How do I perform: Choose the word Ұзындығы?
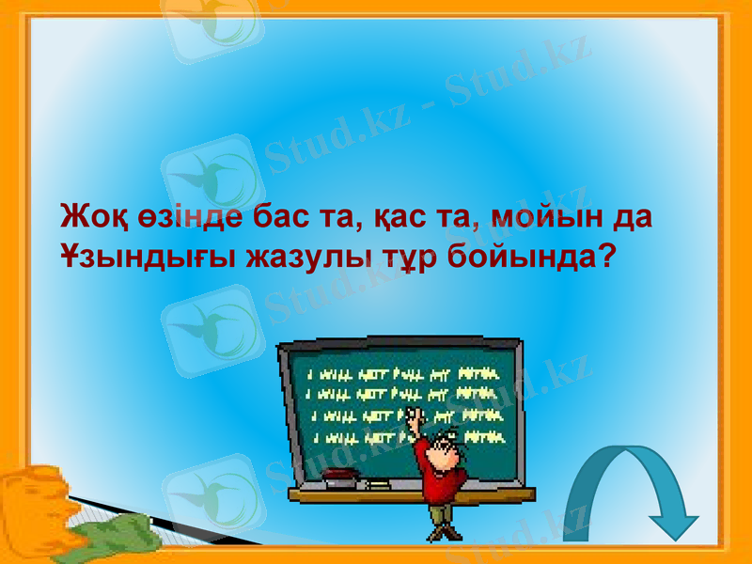[143, 257]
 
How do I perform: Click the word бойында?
[521, 257]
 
